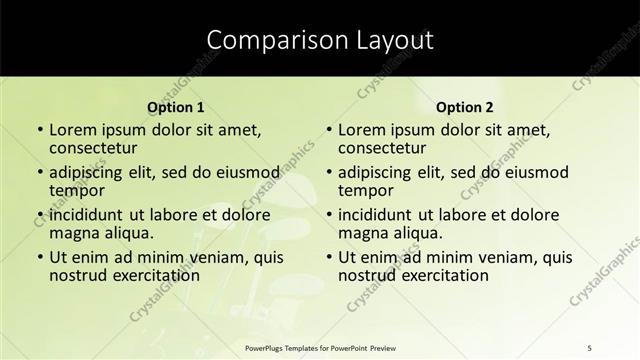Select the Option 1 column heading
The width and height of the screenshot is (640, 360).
(176, 107)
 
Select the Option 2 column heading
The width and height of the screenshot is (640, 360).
(465, 107)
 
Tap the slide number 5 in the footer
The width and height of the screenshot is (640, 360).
(590, 346)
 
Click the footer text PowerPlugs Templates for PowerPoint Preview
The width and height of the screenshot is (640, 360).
(319, 346)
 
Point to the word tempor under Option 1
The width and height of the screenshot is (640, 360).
(77, 191)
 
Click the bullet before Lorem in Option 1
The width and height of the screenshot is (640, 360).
(39, 130)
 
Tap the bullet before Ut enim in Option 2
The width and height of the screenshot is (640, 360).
(328, 257)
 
